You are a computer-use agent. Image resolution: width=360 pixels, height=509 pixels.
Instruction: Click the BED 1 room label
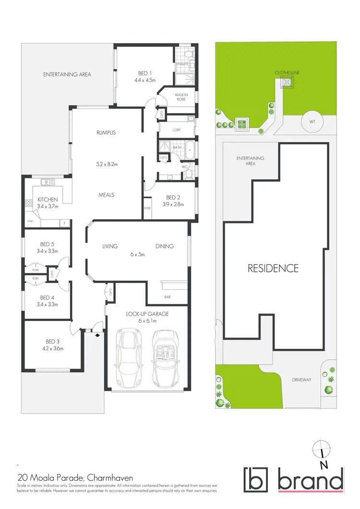click(x=143, y=73)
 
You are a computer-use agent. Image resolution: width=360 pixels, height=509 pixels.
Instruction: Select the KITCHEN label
click(x=48, y=200)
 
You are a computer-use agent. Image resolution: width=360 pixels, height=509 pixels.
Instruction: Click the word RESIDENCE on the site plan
click(x=273, y=268)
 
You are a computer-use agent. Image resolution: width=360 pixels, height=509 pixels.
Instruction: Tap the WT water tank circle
click(x=312, y=122)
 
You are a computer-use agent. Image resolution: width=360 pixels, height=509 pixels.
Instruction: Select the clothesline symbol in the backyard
click(x=287, y=83)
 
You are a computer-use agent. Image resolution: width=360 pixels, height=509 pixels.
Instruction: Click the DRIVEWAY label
click(x=301, y=379)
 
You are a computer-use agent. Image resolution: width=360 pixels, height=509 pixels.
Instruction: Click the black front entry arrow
click(x=98, y=335)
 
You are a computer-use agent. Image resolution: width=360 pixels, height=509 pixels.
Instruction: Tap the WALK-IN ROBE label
click(x=181, y=96)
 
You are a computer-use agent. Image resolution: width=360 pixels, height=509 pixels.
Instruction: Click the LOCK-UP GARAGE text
click(x=147, y=313)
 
